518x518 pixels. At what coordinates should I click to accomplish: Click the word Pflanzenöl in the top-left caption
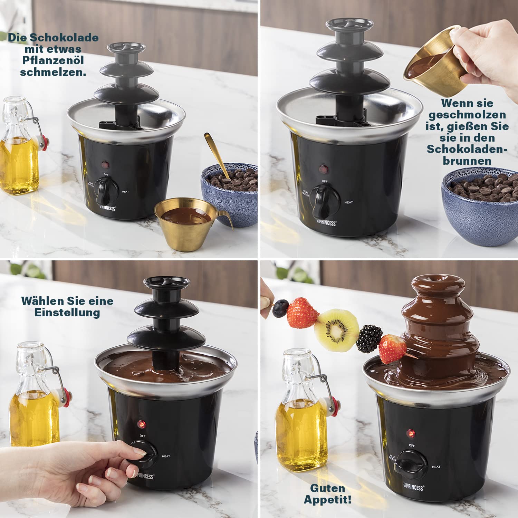[x=53, y=60]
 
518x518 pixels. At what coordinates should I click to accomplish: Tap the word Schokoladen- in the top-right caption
[x=467, y=149]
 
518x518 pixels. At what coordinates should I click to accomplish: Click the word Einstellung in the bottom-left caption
[x=67, y=313]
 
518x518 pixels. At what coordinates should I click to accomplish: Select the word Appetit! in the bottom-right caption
[x=328, y=500]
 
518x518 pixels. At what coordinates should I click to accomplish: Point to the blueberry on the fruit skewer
[x=281, y=308]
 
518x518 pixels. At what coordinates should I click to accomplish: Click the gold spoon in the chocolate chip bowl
[x=217, y=155]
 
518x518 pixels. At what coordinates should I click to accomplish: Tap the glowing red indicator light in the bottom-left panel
[x=141, y=424]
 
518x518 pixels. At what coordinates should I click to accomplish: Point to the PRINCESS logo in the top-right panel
[x=326, y=223]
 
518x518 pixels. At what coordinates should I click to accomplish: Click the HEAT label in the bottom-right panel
[x=436, y=467]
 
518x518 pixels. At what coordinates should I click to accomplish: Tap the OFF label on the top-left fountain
[x=106, y=175]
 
